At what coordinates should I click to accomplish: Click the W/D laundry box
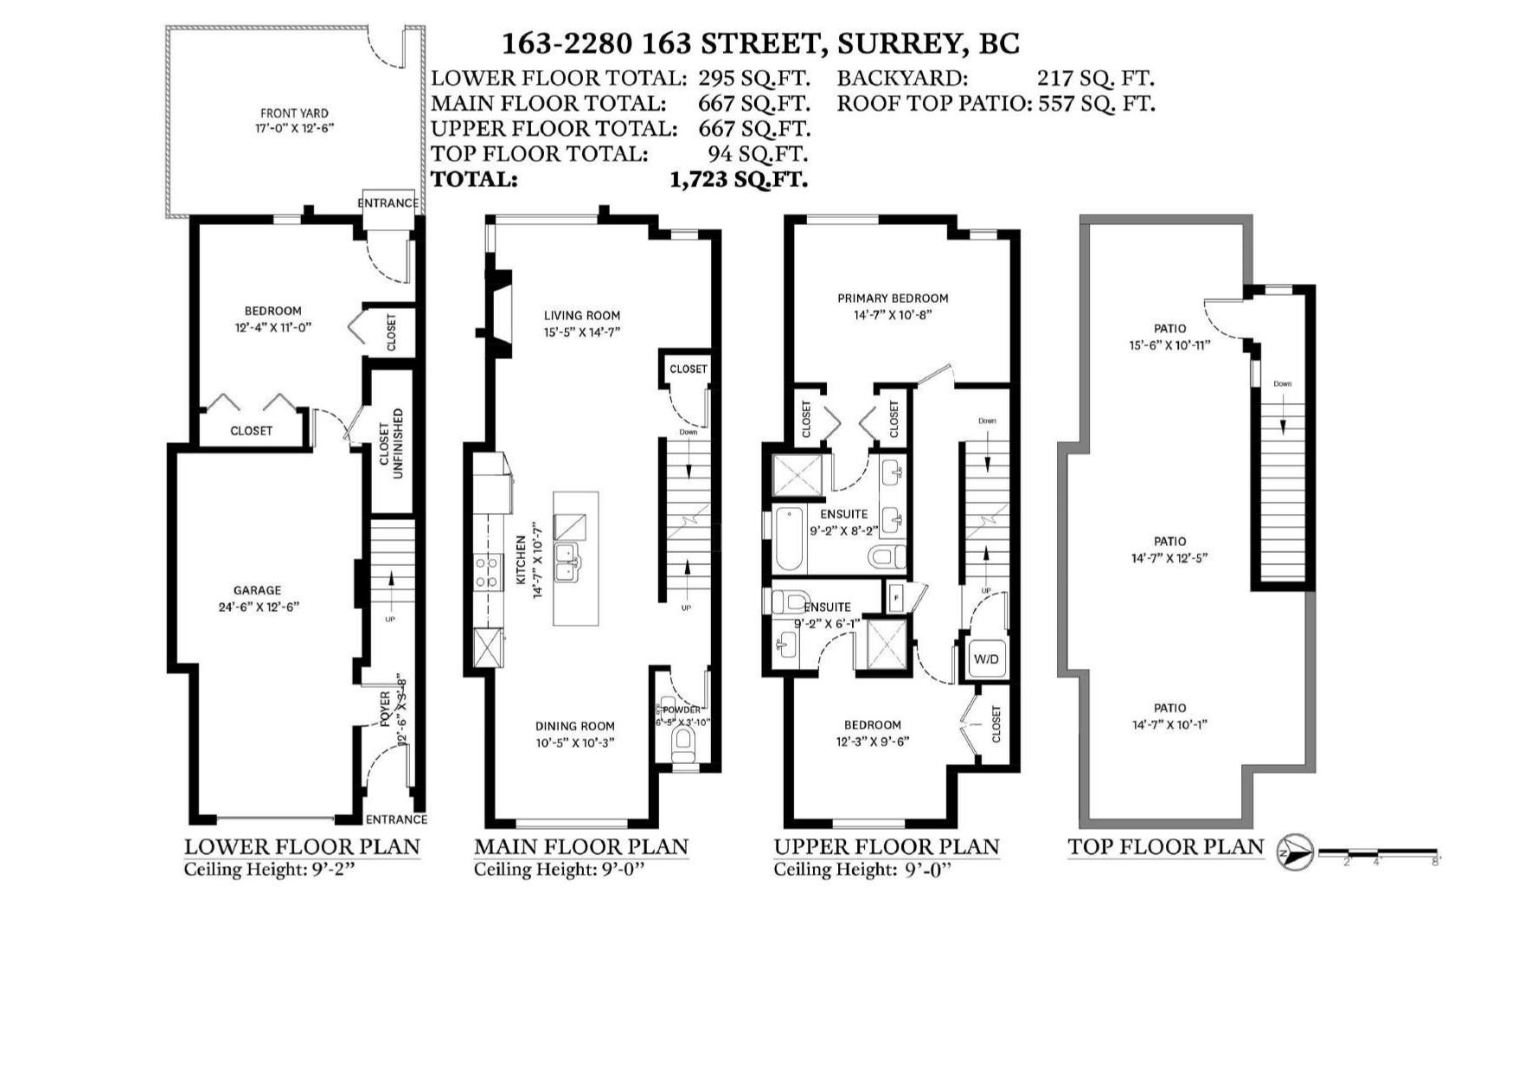[986, 659]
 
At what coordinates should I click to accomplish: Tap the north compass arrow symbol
[1295, 852]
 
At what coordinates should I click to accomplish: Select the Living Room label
[582, 324]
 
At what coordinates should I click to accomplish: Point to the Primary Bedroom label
[893, 306]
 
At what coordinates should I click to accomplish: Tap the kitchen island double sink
[567, 561]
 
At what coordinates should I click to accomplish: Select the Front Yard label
[294, 120]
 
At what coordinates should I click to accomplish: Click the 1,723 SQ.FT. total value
[739, 180]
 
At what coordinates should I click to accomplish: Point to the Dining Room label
[574, 734]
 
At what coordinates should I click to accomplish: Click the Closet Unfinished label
[391, 445]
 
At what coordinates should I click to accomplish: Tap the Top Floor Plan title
[1165, 847]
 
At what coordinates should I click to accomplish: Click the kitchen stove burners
[487, 573]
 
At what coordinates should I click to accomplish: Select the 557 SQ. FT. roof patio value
[1097, 104]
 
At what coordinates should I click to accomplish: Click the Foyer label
[386, 710]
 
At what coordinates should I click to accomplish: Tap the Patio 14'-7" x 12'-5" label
[1169, 549]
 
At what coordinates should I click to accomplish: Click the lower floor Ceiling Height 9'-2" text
[270, 870]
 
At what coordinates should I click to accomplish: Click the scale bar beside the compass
[1377, 853]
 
